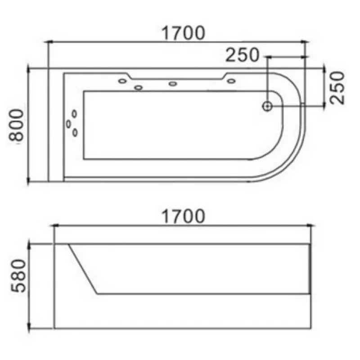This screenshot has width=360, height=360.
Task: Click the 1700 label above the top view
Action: tap(183, 32)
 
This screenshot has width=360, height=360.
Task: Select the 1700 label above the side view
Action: tap(183, 216)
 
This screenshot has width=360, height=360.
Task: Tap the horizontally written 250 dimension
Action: tap(243, 55)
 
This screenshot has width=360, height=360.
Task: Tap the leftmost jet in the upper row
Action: tap(122, 81)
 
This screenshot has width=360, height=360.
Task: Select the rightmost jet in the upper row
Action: tap(231, 81)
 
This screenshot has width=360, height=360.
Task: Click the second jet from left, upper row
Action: tap(139, 87)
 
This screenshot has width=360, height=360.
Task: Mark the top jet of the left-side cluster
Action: tap(74, 114)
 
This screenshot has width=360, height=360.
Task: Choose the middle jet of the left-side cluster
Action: tap(69, 123)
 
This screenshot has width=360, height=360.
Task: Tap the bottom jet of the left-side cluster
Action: tap(75, 132)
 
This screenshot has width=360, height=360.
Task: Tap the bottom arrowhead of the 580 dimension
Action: tap(29, 328)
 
